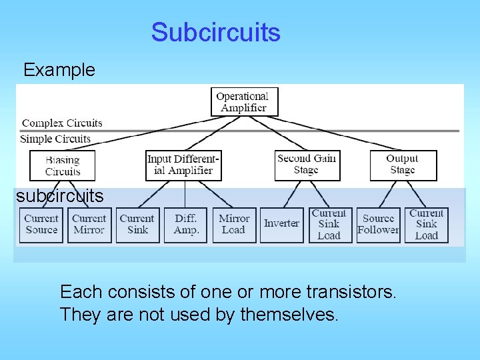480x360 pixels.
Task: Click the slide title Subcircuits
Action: [x=215, y=32]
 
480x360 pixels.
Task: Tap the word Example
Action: [x=59, y=69]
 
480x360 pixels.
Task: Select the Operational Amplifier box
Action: [x=244, y=102]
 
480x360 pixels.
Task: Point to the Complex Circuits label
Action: [x=62, y=123]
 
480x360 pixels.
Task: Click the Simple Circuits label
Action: [x=55, y=139]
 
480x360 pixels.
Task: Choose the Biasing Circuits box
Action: [x=63, y=165]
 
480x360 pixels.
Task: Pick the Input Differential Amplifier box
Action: [x=183, y=165]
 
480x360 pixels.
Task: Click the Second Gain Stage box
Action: [x=306, y=165]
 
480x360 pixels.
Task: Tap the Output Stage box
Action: [x=403, y=165]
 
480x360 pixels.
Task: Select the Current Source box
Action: [x=41, y=225]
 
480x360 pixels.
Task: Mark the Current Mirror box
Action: [x=89, y=225]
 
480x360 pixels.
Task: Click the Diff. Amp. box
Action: [x=186, y=225]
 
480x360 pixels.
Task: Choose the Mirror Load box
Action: [x=234, y=225]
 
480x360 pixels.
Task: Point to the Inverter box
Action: [x=281, y=223]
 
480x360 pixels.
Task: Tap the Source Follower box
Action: [x=378, y=225]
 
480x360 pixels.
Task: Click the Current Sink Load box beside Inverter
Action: [x=329, y=225]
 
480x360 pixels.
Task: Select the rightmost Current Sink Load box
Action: [x=426, y=225]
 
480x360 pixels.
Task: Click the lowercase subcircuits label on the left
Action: [x=60, y=196]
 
